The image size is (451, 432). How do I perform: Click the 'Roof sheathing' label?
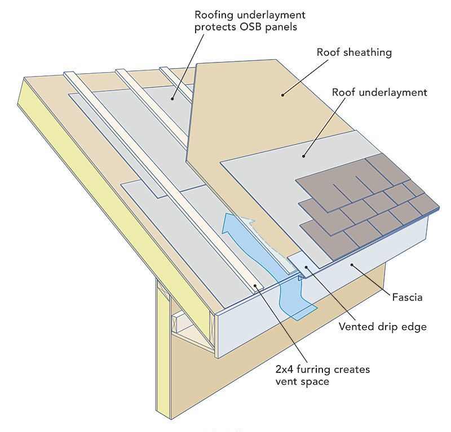point(354,52)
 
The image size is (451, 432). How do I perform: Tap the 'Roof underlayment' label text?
point(379,92)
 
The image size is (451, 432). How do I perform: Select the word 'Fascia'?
point(407,297)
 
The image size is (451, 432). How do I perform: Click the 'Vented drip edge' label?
point(383,327)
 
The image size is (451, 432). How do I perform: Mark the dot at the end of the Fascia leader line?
point(351,264)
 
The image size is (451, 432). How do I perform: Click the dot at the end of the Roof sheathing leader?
point(282,95)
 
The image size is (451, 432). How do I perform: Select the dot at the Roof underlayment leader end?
point(303,156)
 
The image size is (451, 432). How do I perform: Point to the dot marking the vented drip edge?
point(307,267)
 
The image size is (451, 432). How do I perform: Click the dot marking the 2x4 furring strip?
point(255,286)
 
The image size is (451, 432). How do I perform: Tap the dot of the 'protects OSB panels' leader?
point(173,99)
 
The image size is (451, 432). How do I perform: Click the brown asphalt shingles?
point(365,201)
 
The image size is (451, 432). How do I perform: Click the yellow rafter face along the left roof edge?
point(115,201)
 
